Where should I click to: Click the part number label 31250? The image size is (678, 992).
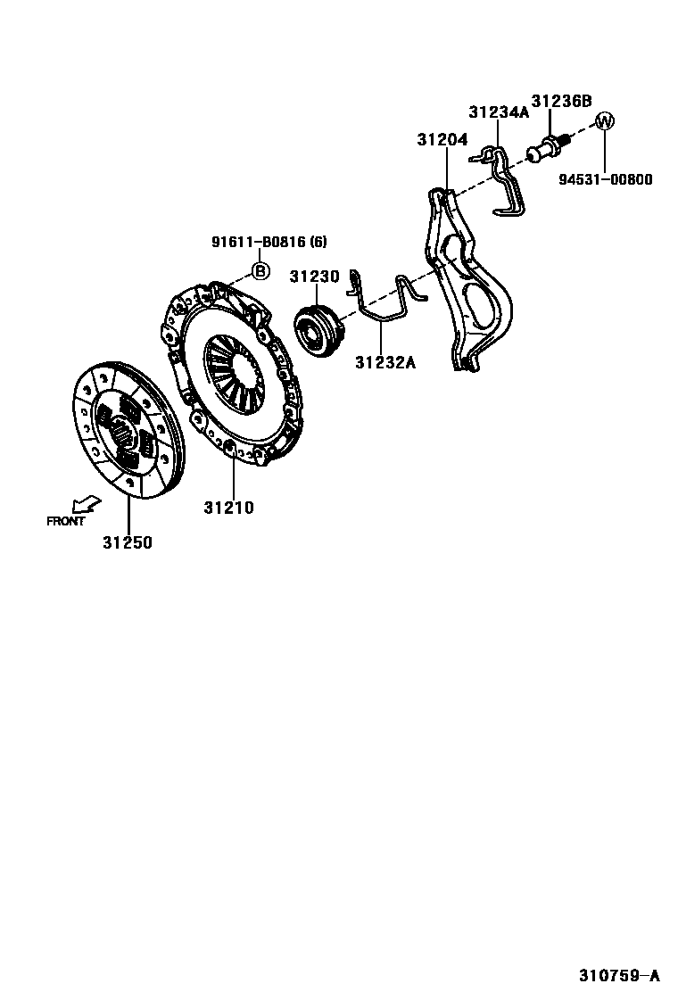[x=127, y=541]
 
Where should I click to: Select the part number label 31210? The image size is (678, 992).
[x=228, y=508]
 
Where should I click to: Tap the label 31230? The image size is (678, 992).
[x=314, y=277]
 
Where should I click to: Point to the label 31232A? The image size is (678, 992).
[x=385, y=362]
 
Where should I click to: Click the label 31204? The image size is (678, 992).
[x=442, y=140]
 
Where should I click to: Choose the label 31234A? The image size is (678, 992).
[x=500, y=112]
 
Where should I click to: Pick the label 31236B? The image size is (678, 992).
[x=561, y=101]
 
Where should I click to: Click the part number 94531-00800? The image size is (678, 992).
[x=606, y=179]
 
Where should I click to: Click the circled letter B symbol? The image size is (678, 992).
[x=260, y=270]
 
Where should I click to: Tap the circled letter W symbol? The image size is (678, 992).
[x=605, y=121]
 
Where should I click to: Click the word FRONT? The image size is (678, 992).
[x=65, y=521]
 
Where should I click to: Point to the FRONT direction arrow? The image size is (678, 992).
[x=87, y=505]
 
